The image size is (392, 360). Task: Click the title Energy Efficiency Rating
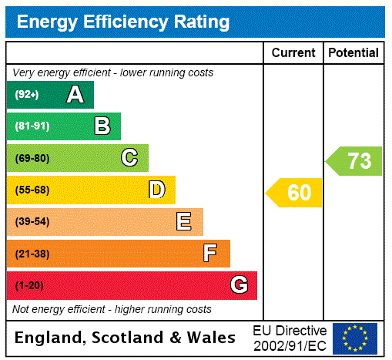click(x=123, y=22)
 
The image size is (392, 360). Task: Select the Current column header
click(x=293, y=53)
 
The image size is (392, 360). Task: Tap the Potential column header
click(x=353, y=53)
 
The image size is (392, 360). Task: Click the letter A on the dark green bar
click(x=75, y=95)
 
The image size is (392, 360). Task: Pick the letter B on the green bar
click(x=102, y=126)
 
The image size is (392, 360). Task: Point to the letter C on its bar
click(x=129, y=158)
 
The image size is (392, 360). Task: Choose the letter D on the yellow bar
click(x=157, y=190)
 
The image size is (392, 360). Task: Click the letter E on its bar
click(x=184, y=222)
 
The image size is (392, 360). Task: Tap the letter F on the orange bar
click(x=210, y=254)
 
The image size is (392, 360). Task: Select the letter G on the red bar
click(x=239, y=285)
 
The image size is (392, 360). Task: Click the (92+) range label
click(x=27, y=95)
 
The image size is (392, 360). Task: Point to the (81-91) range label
click(x=32, y=126)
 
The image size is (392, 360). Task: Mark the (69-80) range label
click(x=32, y=158)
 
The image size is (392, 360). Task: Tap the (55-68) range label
click(x=32, y=190)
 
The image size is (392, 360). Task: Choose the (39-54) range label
click(x=32, y=222)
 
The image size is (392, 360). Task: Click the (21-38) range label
click(x=32, y=254)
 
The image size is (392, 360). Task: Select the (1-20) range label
click(x=29, y=285)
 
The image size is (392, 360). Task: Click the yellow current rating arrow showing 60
click(x=295, y=193)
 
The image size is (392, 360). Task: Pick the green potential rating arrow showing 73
click(x=355, y=161)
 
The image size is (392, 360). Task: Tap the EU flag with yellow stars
click(x=355, y=338)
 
